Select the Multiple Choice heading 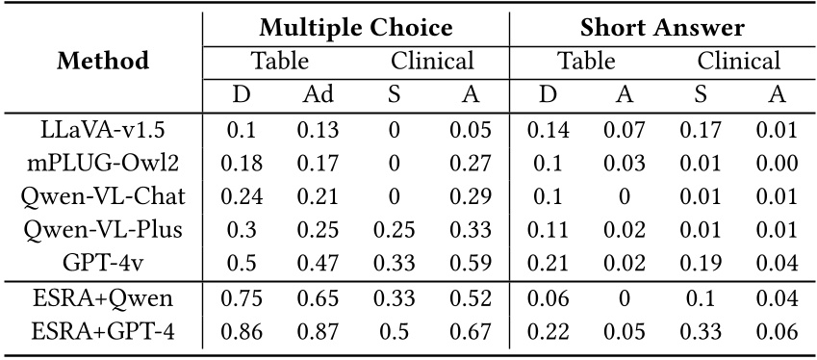356,28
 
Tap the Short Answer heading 662,28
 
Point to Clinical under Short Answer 738,62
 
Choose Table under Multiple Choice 280,62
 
